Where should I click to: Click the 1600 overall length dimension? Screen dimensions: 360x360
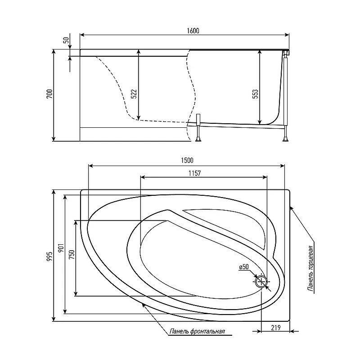193,31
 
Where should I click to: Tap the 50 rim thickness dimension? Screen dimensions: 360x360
66,40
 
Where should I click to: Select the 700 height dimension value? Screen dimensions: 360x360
50,94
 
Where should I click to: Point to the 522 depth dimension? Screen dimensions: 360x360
134,94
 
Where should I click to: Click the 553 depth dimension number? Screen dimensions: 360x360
255,94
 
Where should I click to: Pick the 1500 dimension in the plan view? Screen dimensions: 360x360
187,160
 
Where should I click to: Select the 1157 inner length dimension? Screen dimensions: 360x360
195,173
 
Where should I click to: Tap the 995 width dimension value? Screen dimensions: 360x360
50,256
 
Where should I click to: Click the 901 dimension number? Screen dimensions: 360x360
62,248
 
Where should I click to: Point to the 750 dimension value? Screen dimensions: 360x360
72,255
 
